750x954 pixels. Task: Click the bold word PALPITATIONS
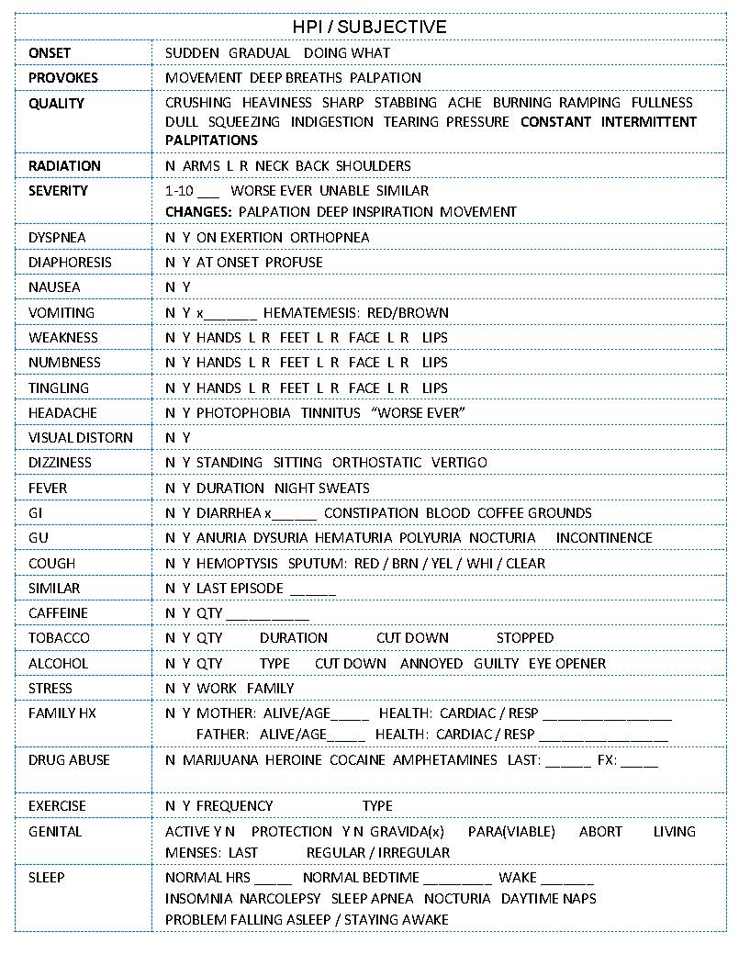tap(211, 140)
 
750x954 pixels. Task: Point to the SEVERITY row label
tap(58, 191)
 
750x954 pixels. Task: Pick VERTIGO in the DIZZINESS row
tap(459, 463)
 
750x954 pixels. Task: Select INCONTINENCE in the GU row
tap(604, 538)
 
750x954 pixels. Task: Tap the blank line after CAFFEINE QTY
tap(267, 614)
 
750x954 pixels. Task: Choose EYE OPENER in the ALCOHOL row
tap(566, 664)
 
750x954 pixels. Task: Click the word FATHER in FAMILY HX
tap(222, 735)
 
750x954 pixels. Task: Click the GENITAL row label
tap(55, 832)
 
